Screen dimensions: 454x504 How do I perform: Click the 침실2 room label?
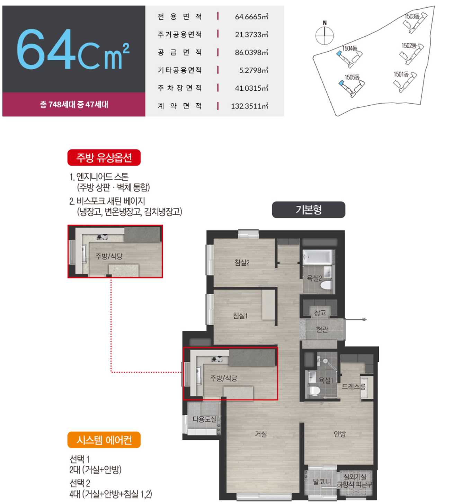242,263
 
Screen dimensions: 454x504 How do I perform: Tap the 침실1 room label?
240,316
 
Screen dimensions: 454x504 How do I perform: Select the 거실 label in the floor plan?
261,434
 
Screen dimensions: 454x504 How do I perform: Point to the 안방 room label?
340,434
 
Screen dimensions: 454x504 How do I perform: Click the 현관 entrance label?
322,329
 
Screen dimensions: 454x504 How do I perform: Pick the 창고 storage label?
320,313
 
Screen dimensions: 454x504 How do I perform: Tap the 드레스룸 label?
354,387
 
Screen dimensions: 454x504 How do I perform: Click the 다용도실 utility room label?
204,419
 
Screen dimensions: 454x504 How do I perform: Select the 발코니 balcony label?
322,481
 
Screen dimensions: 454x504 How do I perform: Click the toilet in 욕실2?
326,285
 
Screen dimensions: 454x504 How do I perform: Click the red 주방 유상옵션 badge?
104,158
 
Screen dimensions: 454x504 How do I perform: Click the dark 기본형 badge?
309,210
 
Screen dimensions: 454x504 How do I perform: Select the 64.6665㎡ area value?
251,17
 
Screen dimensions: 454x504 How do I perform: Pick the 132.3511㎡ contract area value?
249,106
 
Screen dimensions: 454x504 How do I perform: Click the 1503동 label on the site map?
412,16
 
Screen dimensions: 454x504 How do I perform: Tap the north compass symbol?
324,33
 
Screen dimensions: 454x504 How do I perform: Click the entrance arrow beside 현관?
356,319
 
